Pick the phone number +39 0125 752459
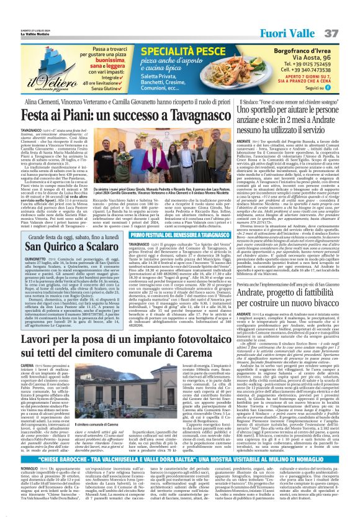coord(292,63)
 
